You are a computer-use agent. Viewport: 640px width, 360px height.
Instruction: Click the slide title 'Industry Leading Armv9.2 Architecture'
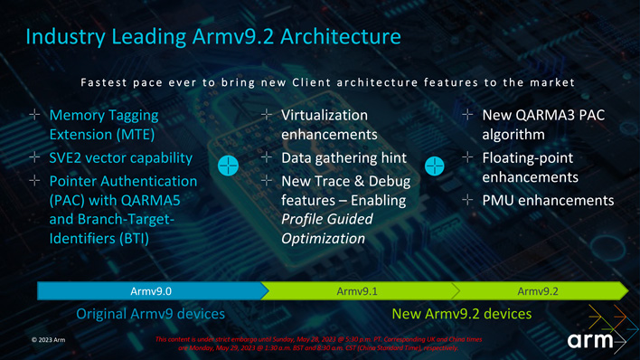(212, 37)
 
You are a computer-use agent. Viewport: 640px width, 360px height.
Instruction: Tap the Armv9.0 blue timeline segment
(151, 290)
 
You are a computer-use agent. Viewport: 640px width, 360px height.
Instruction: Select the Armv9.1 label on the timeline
(356, 290)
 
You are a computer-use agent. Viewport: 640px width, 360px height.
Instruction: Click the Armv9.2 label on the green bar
(539, 290)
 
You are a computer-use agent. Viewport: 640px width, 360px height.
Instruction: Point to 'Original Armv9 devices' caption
(150, 314)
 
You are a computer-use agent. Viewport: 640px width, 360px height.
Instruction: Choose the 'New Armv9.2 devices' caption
(461, 314)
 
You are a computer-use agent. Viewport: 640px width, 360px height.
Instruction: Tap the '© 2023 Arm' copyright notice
(48, 340)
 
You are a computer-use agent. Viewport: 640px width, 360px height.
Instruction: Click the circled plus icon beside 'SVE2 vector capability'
(229, 166)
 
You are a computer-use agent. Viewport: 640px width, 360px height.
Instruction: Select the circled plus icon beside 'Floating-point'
(436, 166)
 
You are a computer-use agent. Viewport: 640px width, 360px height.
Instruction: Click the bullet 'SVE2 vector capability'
(122, 158)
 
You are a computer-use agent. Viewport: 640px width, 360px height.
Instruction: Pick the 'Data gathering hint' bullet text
(344, 158)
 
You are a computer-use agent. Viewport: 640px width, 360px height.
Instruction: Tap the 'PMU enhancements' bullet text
(548, 199)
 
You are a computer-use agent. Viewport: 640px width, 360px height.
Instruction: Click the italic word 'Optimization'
(323, 239)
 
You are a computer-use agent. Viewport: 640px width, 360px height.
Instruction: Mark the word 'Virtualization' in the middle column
(325, 115)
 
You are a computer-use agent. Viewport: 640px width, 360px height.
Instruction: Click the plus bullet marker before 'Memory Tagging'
(33, 115)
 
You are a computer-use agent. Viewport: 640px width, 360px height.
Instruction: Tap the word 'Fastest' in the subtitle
(103, 82)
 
